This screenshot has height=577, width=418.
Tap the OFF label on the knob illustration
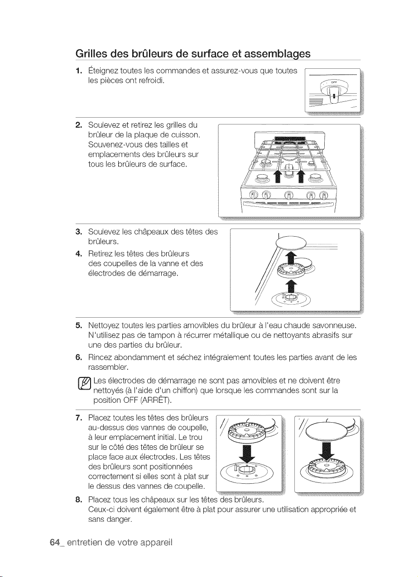[332, 83]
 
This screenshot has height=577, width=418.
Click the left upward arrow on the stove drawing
[278, 176]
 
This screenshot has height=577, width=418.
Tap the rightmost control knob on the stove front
[323, 196]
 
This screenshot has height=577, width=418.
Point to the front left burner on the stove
[262, 178]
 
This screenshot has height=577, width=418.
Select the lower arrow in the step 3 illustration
[291, 287]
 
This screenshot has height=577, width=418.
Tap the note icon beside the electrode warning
[85, 384]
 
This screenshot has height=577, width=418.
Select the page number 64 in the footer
[55, 543]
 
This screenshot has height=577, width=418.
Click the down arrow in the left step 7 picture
[247, 453]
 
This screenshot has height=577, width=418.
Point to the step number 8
[79, 500]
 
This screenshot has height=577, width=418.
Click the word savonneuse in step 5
[335, 325]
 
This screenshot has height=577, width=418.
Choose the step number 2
[79, 125]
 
